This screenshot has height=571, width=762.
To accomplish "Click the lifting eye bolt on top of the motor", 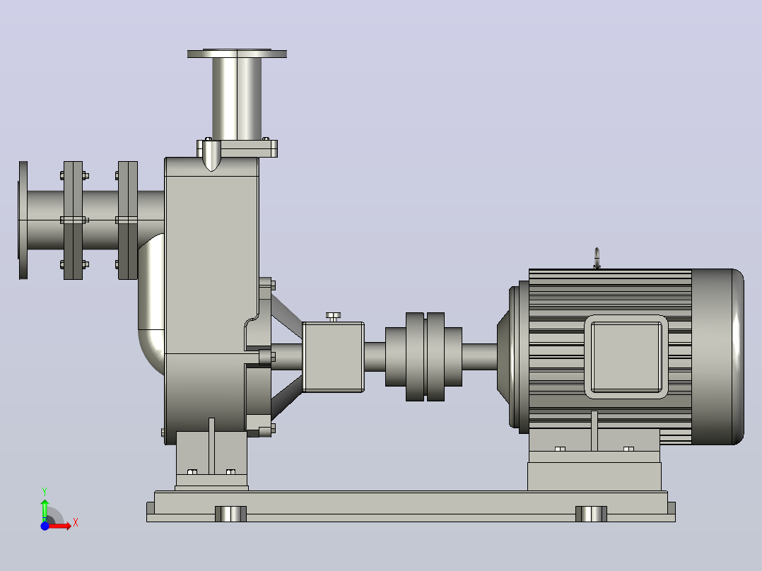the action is tap(597, 258).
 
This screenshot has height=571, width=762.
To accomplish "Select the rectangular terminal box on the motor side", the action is tap(626, 357).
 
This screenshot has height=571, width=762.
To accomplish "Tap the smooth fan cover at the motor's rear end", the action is tap(717, 357).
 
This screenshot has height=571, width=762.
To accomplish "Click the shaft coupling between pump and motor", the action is tap(424, 357).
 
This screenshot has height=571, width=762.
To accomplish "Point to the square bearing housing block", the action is tap(333, 357).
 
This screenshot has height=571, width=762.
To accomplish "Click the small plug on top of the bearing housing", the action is tap(333, 317).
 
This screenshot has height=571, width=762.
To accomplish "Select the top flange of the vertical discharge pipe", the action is tap(238, 54).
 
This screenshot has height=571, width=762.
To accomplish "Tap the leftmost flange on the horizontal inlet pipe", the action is tap(23, 220).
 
